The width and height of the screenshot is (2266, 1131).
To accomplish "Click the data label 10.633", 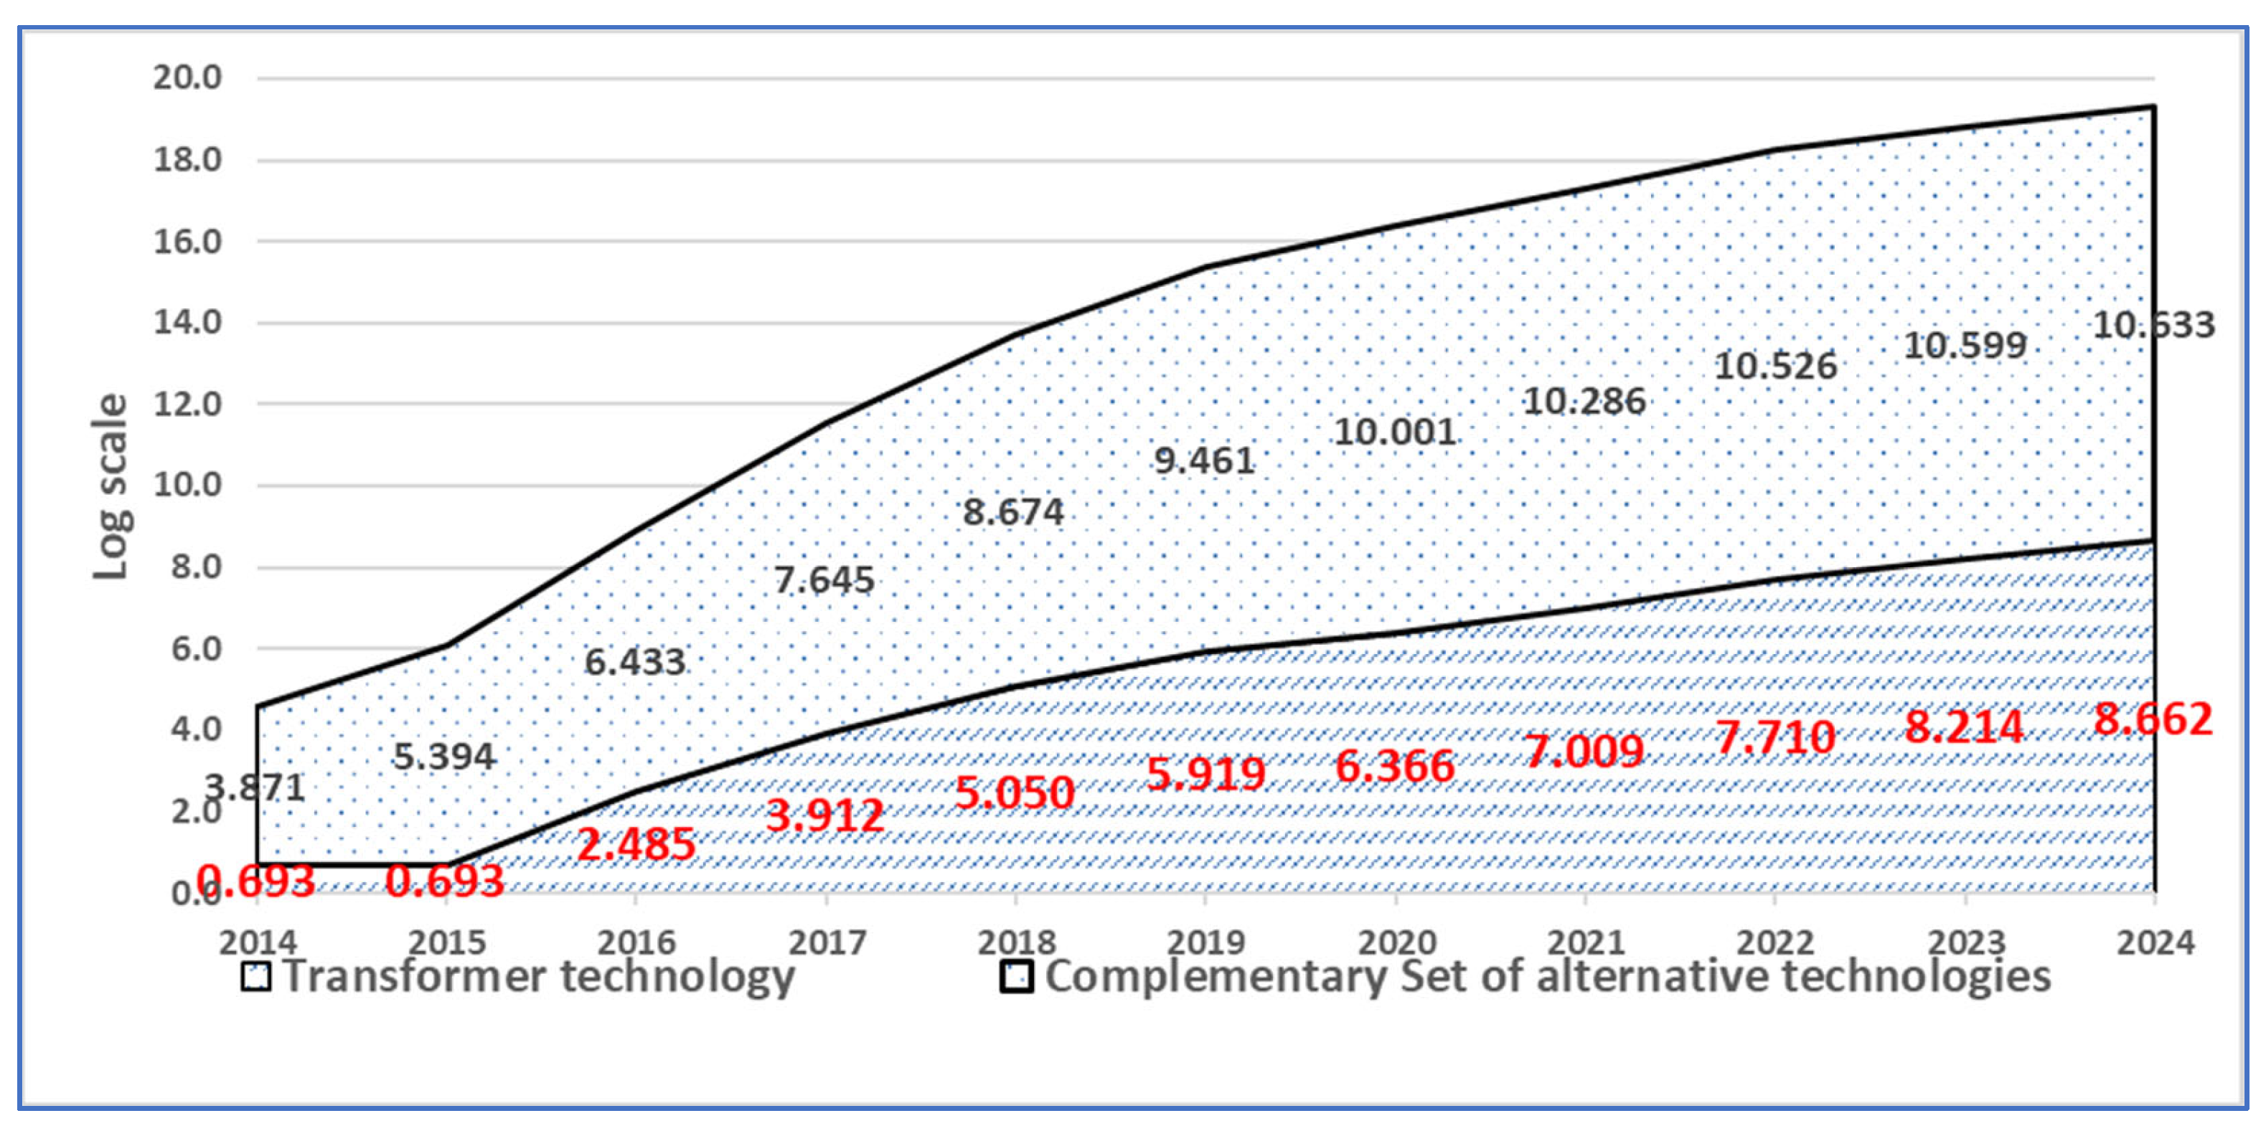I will click(x=2153, y=326).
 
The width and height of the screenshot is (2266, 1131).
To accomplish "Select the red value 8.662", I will click(x=2152, y=719).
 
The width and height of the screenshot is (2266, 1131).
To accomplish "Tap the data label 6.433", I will click(x=634, y=661).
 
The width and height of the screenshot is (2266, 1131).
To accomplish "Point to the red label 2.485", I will click(x=636, y=844).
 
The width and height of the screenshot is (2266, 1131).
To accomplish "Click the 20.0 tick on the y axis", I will click(x=187, y=77).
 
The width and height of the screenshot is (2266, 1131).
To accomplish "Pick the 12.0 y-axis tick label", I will click(x=187, y=404).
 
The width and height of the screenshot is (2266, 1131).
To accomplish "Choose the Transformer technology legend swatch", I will click(x=256, y=977).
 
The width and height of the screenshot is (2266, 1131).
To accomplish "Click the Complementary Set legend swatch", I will click(x=1016, y=977).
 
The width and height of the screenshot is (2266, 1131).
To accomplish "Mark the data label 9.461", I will click(x=1203, y=460).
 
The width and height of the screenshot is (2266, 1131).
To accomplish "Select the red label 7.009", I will click(x=1584, y=751).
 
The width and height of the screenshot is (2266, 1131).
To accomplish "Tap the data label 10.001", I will click(x=1395, y=432).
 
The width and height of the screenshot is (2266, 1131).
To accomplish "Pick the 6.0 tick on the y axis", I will click(x=196, y=649).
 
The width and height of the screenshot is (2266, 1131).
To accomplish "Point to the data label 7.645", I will click(x=824, y=579).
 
